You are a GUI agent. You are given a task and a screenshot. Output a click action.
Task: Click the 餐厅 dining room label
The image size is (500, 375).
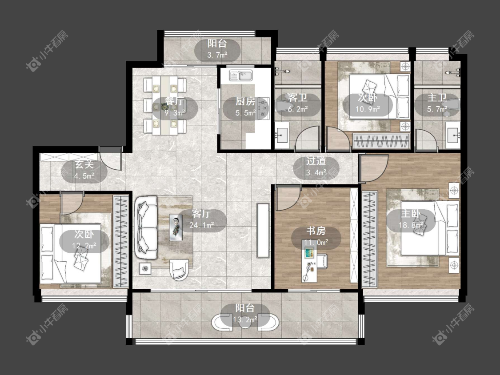point(174,101)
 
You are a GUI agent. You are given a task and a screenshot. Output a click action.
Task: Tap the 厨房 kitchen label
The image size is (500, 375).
point(245,101)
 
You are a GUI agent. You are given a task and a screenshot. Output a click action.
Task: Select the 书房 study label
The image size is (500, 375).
point(316,231)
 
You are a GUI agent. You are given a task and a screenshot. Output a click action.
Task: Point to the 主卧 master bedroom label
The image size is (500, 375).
point(411,213)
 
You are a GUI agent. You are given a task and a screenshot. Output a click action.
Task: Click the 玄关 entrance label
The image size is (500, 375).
point(84,164)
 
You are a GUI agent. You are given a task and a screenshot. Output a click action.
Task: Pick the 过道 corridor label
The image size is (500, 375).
point(316,161)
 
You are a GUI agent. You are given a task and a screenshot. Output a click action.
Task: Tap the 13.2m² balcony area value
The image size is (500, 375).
point(245,319)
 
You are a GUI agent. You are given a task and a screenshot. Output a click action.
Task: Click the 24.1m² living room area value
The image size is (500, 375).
point(201,225)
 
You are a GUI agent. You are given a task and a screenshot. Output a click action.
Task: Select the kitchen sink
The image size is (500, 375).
point(241,76)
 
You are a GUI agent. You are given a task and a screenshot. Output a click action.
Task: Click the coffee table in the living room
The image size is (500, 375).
point(176,227)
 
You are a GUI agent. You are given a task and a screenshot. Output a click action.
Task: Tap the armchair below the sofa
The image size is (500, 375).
point(179,269)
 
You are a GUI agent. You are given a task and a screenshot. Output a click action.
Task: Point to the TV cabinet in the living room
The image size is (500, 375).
point(263,231)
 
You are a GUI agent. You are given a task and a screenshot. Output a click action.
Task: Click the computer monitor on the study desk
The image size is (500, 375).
point(309,254)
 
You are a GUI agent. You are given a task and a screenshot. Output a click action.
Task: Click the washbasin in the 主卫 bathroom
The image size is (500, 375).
point(453,136)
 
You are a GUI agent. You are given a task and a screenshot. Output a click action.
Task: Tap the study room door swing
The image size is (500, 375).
point(288,198)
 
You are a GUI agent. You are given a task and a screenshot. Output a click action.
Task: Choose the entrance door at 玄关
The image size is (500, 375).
point(110,159)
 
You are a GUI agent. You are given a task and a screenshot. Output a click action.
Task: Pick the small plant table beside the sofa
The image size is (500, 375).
point(145,268)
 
